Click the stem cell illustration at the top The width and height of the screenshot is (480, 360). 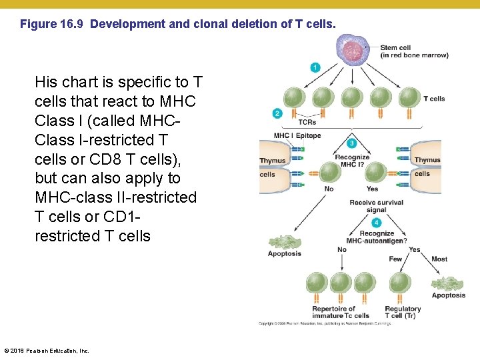[352, 50]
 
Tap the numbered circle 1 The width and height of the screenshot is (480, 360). [315, 67]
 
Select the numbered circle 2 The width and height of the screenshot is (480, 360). [277, 113]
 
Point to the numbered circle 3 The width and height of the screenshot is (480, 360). [352, 143]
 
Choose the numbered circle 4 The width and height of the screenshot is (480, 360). [377, 222]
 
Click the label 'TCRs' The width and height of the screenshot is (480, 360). [307, 122]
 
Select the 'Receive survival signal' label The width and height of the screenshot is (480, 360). [376, 206]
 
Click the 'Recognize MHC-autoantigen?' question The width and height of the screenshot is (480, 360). [377, 237]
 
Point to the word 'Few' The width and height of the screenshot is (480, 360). [395, 259]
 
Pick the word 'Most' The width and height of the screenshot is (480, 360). [439, 259]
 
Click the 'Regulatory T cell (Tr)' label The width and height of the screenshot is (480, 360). [403, 312]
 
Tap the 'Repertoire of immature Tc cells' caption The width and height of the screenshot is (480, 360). [340, 312]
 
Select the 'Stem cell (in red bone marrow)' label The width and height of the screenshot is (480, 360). [413, 51]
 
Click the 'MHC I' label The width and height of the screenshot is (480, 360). [283, 135]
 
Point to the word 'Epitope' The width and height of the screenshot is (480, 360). [308, 135]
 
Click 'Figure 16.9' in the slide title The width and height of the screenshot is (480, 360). [53, 25]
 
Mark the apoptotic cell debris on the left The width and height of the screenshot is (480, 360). [284, 243]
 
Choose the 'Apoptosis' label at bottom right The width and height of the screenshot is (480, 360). [449, 295]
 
